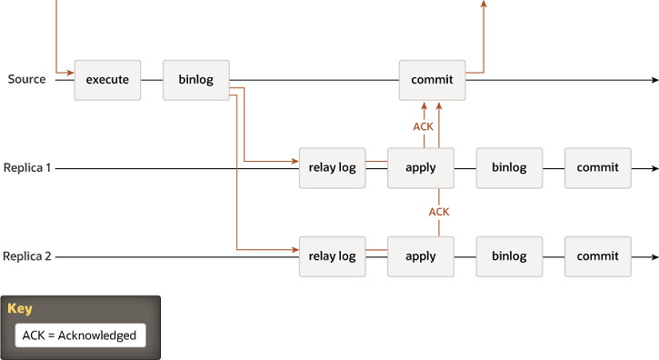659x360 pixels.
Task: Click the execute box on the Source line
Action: pyautogui.click(x=107, y=80)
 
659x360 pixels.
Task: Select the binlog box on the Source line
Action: pyautogui.click(x=196, y=80)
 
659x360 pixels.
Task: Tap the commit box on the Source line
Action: pyautogui.click(x=432, y=80)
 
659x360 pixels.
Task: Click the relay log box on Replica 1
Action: pyautogui.click(x=332, y=168)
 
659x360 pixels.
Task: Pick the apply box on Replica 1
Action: pyautogui.click(x=421, y=168)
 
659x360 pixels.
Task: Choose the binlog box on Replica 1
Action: pyautogui.click(x=509, y=168)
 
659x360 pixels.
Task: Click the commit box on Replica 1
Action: pyautogui.click(x=597, y=168)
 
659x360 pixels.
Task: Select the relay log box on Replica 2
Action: pyautogui.click(x=332, y=256)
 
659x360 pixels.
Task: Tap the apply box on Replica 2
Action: pyautogui.click(x=421, y=256)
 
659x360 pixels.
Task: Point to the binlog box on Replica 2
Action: pyautogui.click(x=509, y=256)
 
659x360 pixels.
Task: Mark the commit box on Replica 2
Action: pyautogui.click(x=597, y=256)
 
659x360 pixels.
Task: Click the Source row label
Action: pyautogui.click(x=27, y=79)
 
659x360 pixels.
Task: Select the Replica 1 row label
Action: pyautogui.click(x=27, y=168)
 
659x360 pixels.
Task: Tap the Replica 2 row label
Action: pyautogui.click(x=27, y=256)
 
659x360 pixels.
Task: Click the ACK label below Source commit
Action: pyautogui.click(x=424, y=126)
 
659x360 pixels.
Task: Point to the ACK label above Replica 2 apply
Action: pyautogui.click(x=439, y=212)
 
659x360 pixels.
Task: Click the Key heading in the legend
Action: pyautogui.click(x=20, y=309)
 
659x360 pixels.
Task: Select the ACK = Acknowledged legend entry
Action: pyautogui.click(x=80, y=335)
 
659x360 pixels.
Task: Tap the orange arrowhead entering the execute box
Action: pyautogui.click(x=70, y=72)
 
